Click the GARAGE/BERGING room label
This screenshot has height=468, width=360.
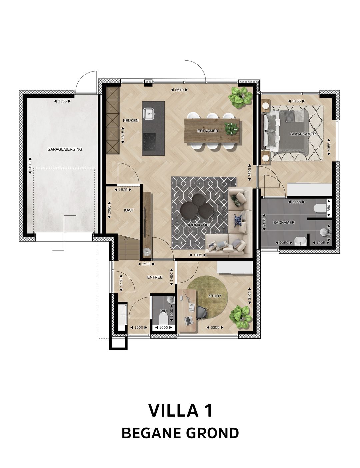click(x=65, y=149)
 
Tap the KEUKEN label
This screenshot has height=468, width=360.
click(x=130, y=121)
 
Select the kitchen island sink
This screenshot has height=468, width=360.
click(x=149, y=114)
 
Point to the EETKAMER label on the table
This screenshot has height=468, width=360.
click(x=207, y=131)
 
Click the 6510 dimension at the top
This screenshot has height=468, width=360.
click(x=179, y=90)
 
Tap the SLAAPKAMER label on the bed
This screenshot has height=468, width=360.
click(x=303, y=134)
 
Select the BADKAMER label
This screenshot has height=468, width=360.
click(x=284, y=222)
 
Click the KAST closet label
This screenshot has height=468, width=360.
click(x=129, y=210)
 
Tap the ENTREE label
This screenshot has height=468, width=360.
click(x=155, y=277)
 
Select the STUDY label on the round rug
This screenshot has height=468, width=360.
click(x=215, y=296)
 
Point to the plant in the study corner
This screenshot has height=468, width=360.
click(x=241, y=317)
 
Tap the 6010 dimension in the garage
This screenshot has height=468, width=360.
click(x=30, y=165)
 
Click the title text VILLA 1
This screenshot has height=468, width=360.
click(x=180, y=410)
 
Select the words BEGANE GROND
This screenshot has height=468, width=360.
click(x=180, y=433)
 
